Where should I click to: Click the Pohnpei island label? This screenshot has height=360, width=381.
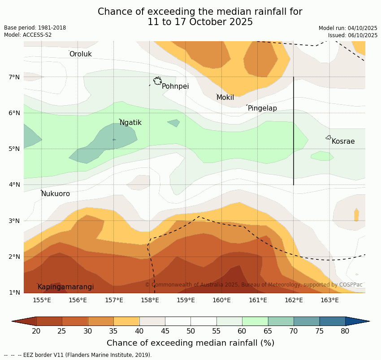click(175, 86)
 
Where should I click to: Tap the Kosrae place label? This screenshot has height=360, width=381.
click(343, 141)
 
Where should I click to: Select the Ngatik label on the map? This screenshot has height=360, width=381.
click(130, 123)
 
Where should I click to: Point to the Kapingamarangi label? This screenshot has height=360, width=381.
click(65, 287)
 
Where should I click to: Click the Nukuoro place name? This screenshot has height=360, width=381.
click(56, 194)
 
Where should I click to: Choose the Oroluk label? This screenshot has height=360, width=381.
click(80, 54)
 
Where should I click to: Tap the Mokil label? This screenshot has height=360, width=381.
click(225, 98)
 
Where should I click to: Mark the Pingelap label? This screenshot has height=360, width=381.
click(262, 108)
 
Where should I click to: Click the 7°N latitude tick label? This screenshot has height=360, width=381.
click(14, 77)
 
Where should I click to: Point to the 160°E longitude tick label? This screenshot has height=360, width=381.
click(221, 300)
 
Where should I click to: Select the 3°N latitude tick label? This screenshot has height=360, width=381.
click(14, 221)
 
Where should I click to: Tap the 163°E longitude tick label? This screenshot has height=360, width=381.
click(329, 300)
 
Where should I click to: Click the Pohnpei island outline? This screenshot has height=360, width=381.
click(157, 81)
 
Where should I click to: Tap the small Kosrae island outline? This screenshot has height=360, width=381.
click(329, 137)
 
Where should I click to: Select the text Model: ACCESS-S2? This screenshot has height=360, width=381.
click(28, 35)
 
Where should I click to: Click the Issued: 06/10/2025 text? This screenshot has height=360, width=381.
click(352, 35)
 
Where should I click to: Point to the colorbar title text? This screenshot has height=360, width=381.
click(190, 343)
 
